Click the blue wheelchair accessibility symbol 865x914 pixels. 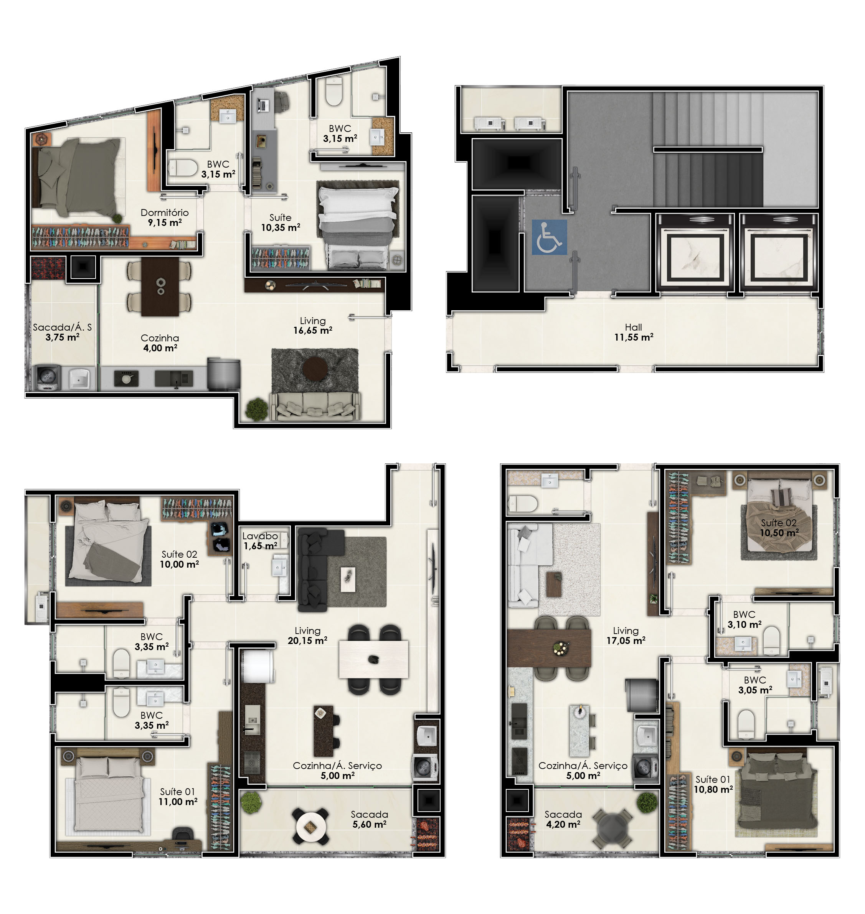pyautogui.click(x=549, y=237)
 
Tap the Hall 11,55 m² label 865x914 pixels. pyautogui.click(x=634, y=332)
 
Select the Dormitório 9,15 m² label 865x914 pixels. pyautogui.click(x=165, y=217)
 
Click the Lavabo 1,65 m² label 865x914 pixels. pyautogui.click(x=261, y=541)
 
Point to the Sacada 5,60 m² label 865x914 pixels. pyautogui.click(x=369, y=820)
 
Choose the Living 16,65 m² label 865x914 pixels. pyautogui.click(x=313, y=325)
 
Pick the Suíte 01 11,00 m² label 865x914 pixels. pyautogui.click(x=178, y=797)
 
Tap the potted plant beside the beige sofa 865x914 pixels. pyautogui.click(x=256, y=409)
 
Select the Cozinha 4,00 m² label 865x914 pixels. pyautogui.click(x=160, y=343)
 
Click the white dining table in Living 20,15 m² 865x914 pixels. pyautogui.click(x=373, y=659)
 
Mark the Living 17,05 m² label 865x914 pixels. pyautogui.click(x=626, y=635)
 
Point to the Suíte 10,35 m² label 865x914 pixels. pyautogui.click(x=281, y=222)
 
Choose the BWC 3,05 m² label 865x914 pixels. pyautogui.click(x=755, y=685)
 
